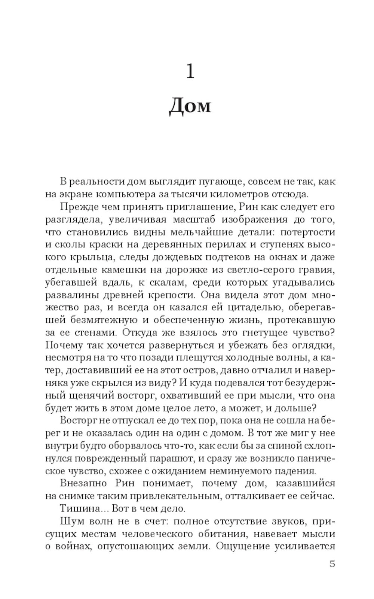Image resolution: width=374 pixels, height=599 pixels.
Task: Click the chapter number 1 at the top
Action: (x=190, y=71)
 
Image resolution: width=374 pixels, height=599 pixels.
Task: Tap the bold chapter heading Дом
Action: (x=190, y=106)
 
